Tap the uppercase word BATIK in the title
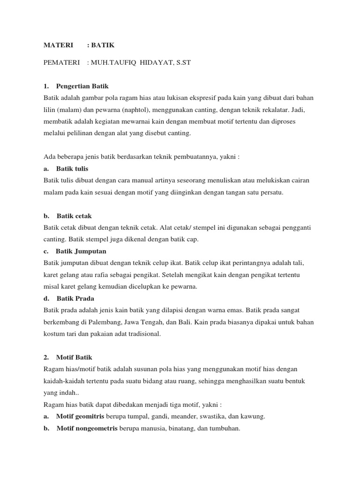click(x=103, y=45)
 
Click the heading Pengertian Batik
click(x=82, y=86)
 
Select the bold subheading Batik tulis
click(x=72, y=168)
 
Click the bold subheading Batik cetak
click(x=75, y=216)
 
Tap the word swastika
click(x=203, y=416)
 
